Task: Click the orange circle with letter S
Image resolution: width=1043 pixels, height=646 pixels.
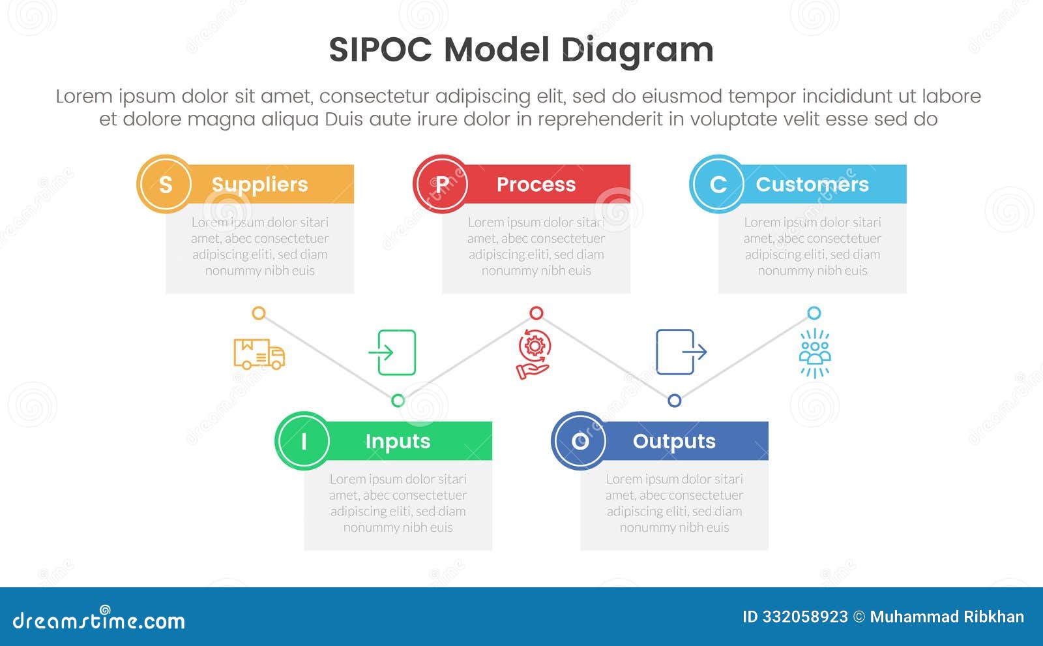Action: click(x=165, y=184)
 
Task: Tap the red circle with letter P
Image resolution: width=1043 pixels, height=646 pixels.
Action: click(x=441, y=184)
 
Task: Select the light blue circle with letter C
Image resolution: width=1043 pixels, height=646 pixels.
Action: click(x=718, y=184)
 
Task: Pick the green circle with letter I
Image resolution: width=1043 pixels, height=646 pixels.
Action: click(x=303, y=441)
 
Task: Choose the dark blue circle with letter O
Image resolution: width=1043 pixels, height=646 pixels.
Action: click(x=580, y=441)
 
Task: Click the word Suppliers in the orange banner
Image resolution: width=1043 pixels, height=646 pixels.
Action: click(x=259, y=185)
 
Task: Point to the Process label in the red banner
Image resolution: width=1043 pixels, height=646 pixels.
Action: click(x=536, y=185)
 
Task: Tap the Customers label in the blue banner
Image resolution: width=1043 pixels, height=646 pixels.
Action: click(x=812, y=185)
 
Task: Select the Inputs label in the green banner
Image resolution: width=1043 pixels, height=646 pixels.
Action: click(x=398, y=442)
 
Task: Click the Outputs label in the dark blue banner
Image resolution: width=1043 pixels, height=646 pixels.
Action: click(x=674, y=442)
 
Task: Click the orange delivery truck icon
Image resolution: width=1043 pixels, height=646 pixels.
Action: click(x=259, y=354)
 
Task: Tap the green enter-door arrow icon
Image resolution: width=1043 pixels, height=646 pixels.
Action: click(x=393, y=352)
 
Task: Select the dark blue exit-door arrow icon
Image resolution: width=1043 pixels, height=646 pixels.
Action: click(x=680, y=352)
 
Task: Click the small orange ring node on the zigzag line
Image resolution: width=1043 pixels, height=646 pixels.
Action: click(x=259, y=313)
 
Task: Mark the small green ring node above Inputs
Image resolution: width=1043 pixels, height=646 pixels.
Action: click(x=398, y=401)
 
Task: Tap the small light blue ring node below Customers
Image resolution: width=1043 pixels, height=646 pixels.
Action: click(x=814, y=313)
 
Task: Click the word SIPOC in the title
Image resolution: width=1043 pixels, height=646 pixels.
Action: click(x=380, y=50)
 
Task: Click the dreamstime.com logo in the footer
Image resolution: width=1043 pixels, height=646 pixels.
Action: click(x=99, y=619)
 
